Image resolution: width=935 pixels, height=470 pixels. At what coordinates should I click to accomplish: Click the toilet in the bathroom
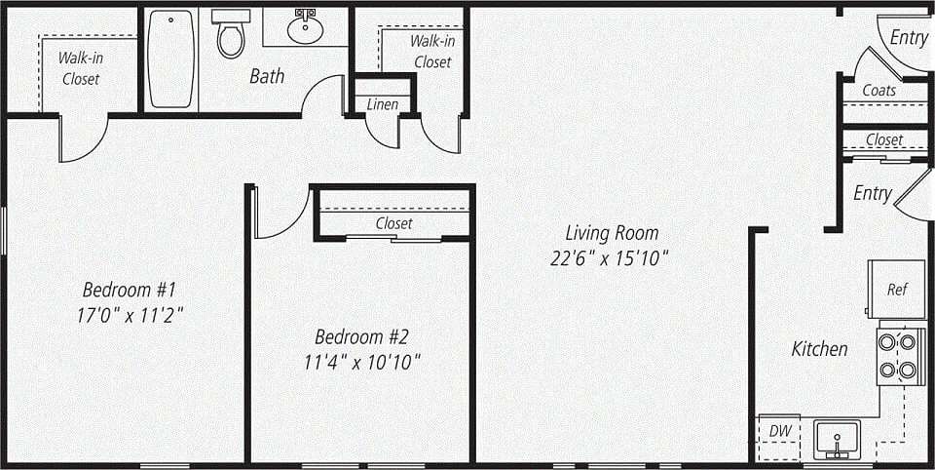[x=231, y=37]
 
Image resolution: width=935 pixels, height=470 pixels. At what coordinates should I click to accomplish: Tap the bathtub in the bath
[x=171, y=59]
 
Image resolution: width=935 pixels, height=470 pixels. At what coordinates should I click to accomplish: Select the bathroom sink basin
[x=305, y=28]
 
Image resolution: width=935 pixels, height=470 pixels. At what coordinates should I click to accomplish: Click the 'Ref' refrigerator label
[x=897, y=290]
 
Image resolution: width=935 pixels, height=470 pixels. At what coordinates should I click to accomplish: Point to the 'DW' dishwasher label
[x=779, y=430]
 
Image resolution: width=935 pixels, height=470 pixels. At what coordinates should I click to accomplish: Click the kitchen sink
[x=836, y=438]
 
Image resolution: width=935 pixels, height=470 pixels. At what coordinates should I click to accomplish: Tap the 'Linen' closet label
[x=383, y=104]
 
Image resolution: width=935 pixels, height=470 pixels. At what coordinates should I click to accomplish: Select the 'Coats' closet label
[x=879, y=91]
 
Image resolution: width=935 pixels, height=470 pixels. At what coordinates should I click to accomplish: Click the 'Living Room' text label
[x=612, y=233]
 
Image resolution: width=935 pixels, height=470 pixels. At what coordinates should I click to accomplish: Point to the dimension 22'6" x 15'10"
[x=612, y=258]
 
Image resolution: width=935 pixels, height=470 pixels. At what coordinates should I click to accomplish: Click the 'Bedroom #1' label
[x=129, y=290]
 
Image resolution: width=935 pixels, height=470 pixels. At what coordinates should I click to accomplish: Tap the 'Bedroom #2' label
[x=361, y=337]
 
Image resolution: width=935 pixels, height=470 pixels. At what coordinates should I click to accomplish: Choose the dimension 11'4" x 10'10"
[x=362, y=362]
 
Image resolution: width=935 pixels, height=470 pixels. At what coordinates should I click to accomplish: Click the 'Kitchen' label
[x=819, y=348]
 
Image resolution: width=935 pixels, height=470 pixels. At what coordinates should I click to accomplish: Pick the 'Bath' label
[x=267, y=75]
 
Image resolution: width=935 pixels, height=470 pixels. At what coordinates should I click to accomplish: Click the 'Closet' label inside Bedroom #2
[x=393, y=223]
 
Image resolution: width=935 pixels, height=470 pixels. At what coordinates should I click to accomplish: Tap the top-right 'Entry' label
[x=909, y=38]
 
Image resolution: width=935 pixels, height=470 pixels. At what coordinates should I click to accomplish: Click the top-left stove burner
[x=888, y=341]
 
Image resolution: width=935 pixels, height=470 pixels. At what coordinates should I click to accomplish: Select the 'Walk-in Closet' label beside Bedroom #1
[x=81, y=68]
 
